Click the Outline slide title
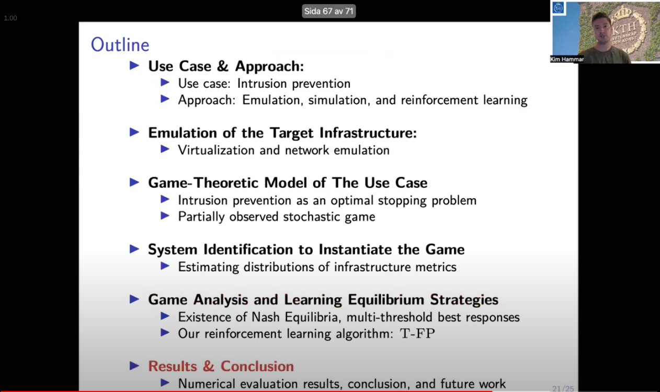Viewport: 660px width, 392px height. (120, 45)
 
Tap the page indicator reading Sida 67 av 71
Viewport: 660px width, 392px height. (329, 11)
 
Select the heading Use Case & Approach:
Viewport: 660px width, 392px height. (226, 66)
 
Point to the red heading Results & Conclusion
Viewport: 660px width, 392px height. (221, 366)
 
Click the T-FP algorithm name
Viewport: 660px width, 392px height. (417, 333)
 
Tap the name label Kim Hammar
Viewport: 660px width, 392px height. (567, 59)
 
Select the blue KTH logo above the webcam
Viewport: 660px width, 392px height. (559, 8)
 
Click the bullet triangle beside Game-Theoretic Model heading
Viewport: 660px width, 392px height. (134, 182)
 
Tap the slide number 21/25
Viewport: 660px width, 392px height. (563, 388)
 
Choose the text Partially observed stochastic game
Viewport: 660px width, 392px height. (276, 217)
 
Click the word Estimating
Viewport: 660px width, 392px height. (206, 267)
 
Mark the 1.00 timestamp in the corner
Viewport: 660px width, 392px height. (10, 18)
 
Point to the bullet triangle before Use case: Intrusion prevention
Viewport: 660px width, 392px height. (165, 83)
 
